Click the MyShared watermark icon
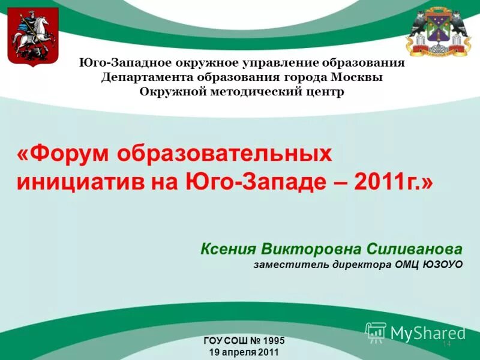(x=376, y=332)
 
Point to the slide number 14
(x=446, y=344)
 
